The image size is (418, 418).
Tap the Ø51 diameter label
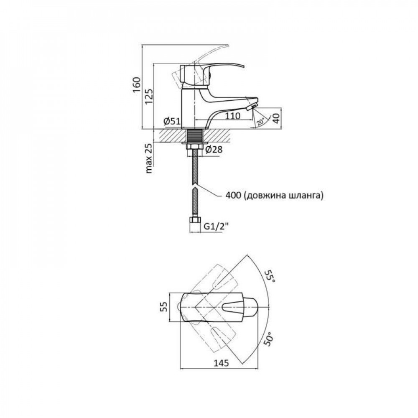tap(172, 121)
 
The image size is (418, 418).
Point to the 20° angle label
tap(261, 121)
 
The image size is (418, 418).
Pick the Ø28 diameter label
tap(215, 150)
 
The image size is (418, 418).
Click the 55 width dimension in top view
tap(164, 307)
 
